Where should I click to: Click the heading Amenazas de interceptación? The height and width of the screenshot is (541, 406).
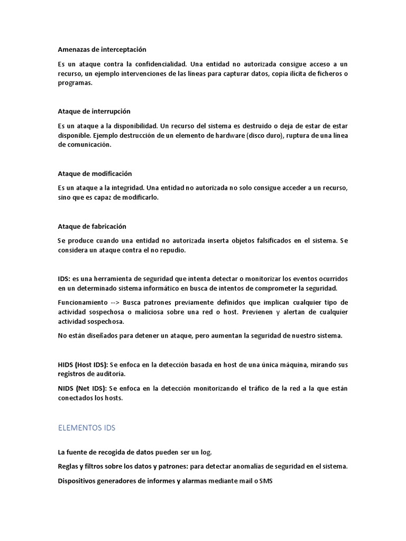click(101, 49)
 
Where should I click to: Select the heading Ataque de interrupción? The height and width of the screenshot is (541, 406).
click(94, 111)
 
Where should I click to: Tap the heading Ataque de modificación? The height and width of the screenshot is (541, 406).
click(95, 173)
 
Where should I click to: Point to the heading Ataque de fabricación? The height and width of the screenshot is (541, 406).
click(92, 226)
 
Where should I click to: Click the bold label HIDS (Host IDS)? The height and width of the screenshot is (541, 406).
click(82, 365)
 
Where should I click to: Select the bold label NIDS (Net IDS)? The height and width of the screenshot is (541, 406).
click(82, 388)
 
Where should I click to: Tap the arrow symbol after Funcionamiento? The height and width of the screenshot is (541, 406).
click(115, 302)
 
